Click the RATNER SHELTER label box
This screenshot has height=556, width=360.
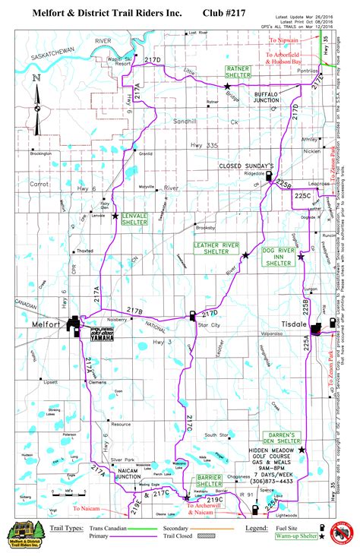pyautogui.click(x=239, y=72)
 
